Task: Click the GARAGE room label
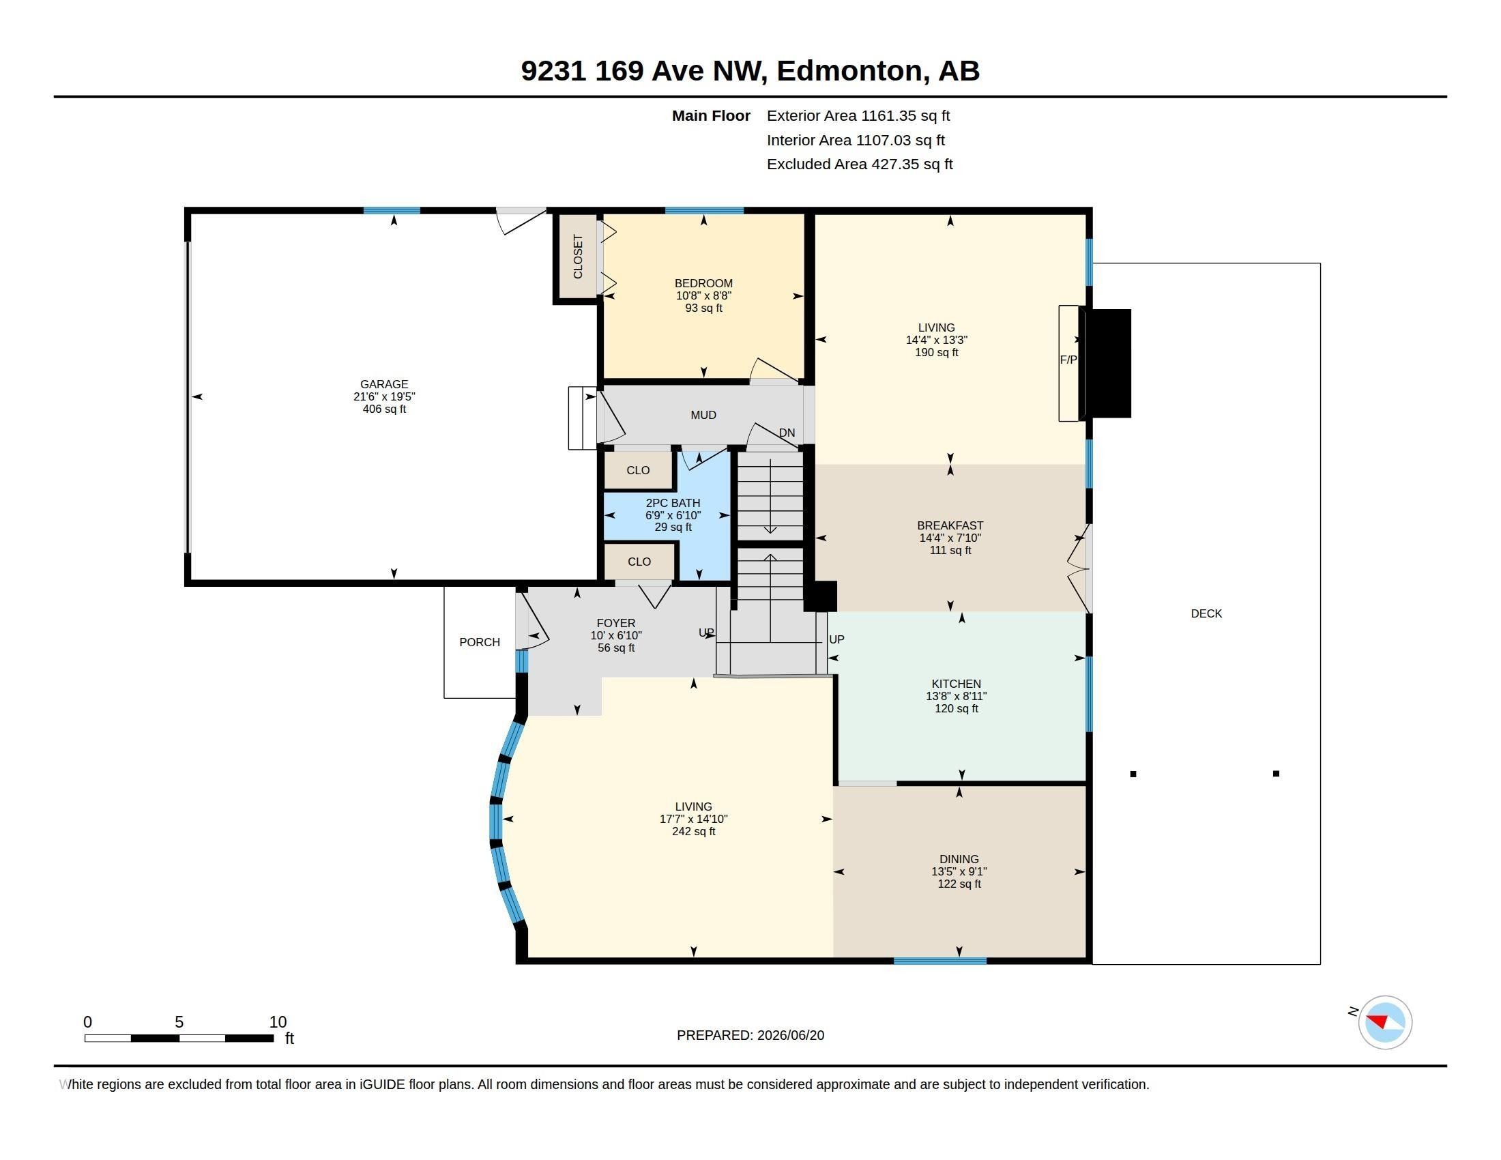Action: click(384, 384)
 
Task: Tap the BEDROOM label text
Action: click(703, 283)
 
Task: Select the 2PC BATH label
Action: click(673, 503)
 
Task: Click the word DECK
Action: click(1206, 613)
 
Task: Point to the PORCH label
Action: click(480, 643)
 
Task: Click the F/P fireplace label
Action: click(1068, 360)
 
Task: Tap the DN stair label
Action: click(787, 433)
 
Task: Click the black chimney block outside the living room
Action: click(1106, 364)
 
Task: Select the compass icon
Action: click(1385, 1022)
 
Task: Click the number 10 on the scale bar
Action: click(278, 1022)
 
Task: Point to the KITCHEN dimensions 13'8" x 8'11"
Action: click(956, 696)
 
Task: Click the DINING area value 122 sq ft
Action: click(959, 884)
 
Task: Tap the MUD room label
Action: click(703, 415)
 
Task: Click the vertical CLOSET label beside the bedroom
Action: click(578, 257)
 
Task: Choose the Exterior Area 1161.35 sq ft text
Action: click(858, 116)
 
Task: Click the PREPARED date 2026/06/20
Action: click(790, 1035)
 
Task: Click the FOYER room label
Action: click(616, 623)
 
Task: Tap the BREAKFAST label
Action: click(950, 525)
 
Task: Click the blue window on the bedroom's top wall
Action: click(705, 210)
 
